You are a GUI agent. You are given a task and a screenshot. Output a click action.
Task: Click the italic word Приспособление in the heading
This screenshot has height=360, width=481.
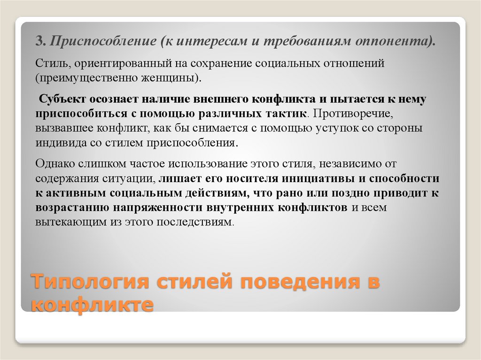[x=102, y=43]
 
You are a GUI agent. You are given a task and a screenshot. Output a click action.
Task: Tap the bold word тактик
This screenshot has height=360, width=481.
[x=288, y=114]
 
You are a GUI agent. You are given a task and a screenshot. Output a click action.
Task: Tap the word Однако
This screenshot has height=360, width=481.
[x=54, y=165]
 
